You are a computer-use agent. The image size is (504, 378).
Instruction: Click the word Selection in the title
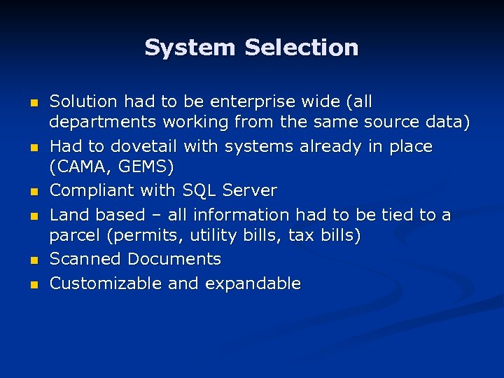(x=302, y=48)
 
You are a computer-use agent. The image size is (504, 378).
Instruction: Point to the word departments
(x=104, y=122)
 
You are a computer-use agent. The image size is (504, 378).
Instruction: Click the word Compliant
(x=92, y=190)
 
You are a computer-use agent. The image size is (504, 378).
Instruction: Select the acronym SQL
(x=201, y=190)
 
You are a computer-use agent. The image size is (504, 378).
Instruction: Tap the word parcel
(x=73, y=237)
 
